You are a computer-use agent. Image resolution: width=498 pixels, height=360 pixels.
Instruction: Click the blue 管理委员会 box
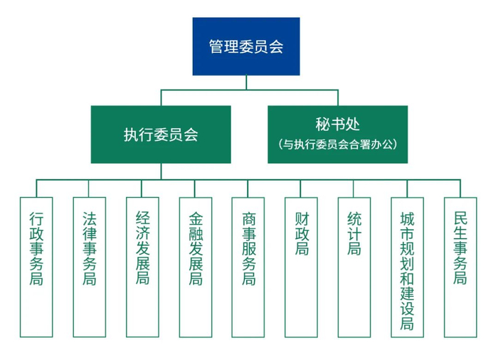246,46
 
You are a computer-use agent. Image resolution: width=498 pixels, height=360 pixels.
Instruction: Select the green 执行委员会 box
160,134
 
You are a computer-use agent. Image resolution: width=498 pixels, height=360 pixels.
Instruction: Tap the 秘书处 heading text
337,123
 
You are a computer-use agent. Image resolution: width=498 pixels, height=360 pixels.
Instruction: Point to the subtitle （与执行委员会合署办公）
337,144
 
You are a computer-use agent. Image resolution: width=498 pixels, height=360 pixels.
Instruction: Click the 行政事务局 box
36,266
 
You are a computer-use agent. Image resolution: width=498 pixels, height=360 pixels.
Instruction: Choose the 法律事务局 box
89,266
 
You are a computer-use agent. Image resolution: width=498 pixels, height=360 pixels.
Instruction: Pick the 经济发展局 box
142,266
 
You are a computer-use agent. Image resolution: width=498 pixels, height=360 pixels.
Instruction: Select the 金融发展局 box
195,266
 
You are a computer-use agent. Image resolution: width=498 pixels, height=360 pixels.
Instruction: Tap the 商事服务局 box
248,266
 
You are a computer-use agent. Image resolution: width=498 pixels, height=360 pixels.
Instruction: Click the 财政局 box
301,266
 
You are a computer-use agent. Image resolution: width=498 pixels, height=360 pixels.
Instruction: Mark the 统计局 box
354,266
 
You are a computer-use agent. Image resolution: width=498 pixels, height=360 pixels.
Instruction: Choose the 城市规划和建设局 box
407,266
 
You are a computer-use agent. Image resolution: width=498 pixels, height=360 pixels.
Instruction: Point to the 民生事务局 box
460,266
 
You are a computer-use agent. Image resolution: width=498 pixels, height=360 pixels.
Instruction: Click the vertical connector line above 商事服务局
248,187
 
